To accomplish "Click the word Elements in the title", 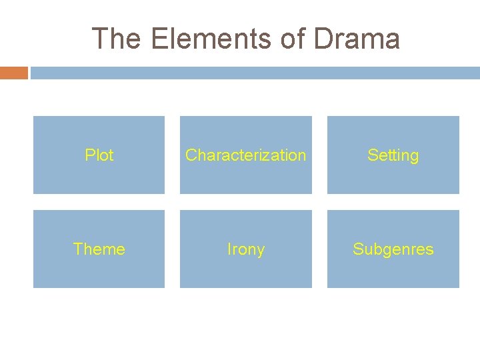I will [x=211, y=39].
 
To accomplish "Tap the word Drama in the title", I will [x=357, y=39].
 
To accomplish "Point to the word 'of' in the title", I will [x=292, y=39].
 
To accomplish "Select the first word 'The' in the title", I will [x=117, y=39].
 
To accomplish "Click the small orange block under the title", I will [x=13, y=73].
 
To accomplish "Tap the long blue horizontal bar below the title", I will [x=255, y=73].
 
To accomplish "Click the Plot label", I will [x=99, y=155].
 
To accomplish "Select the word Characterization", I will [x=245, y=155].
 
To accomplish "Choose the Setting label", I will [x=393, y=155].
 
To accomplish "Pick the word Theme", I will [x=99, y=249].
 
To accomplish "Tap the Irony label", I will [x=245, y=249].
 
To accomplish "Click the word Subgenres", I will [x=393, y=249].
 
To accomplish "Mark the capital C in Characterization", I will [x=191, y=155].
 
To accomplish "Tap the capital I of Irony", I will [x=229, y=249].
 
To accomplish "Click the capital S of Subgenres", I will [x=357, y=249].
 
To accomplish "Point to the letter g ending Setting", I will [x=414, y=157].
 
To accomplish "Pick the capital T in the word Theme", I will [x=77, y=249].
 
